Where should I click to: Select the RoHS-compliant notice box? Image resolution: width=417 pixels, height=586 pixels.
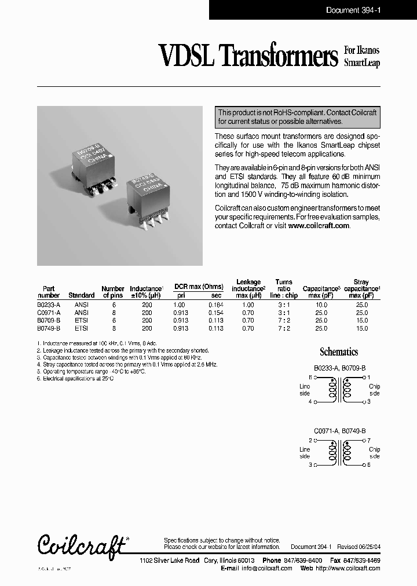click(x=297, y=117)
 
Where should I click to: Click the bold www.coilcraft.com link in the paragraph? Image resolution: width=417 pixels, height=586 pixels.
click(x=319, y=226)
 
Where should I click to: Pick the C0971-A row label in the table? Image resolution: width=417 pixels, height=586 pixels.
click(x=49, y=312)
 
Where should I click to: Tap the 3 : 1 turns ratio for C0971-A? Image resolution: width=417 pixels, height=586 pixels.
click(x=284, y=312)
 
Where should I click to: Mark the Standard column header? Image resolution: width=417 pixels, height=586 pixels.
click(x=81, y=295)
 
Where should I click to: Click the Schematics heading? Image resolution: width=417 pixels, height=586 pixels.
click(x=339, y=351)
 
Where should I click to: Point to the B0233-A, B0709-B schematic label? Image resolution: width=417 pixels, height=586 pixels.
click(x=340, y=368)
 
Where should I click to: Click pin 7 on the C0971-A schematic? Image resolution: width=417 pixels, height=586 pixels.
click(x=368, y=441)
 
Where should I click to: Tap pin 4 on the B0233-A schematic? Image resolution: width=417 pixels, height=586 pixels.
click(x=310, y=401)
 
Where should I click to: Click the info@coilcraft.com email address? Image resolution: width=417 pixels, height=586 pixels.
click(x=267, y=568)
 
